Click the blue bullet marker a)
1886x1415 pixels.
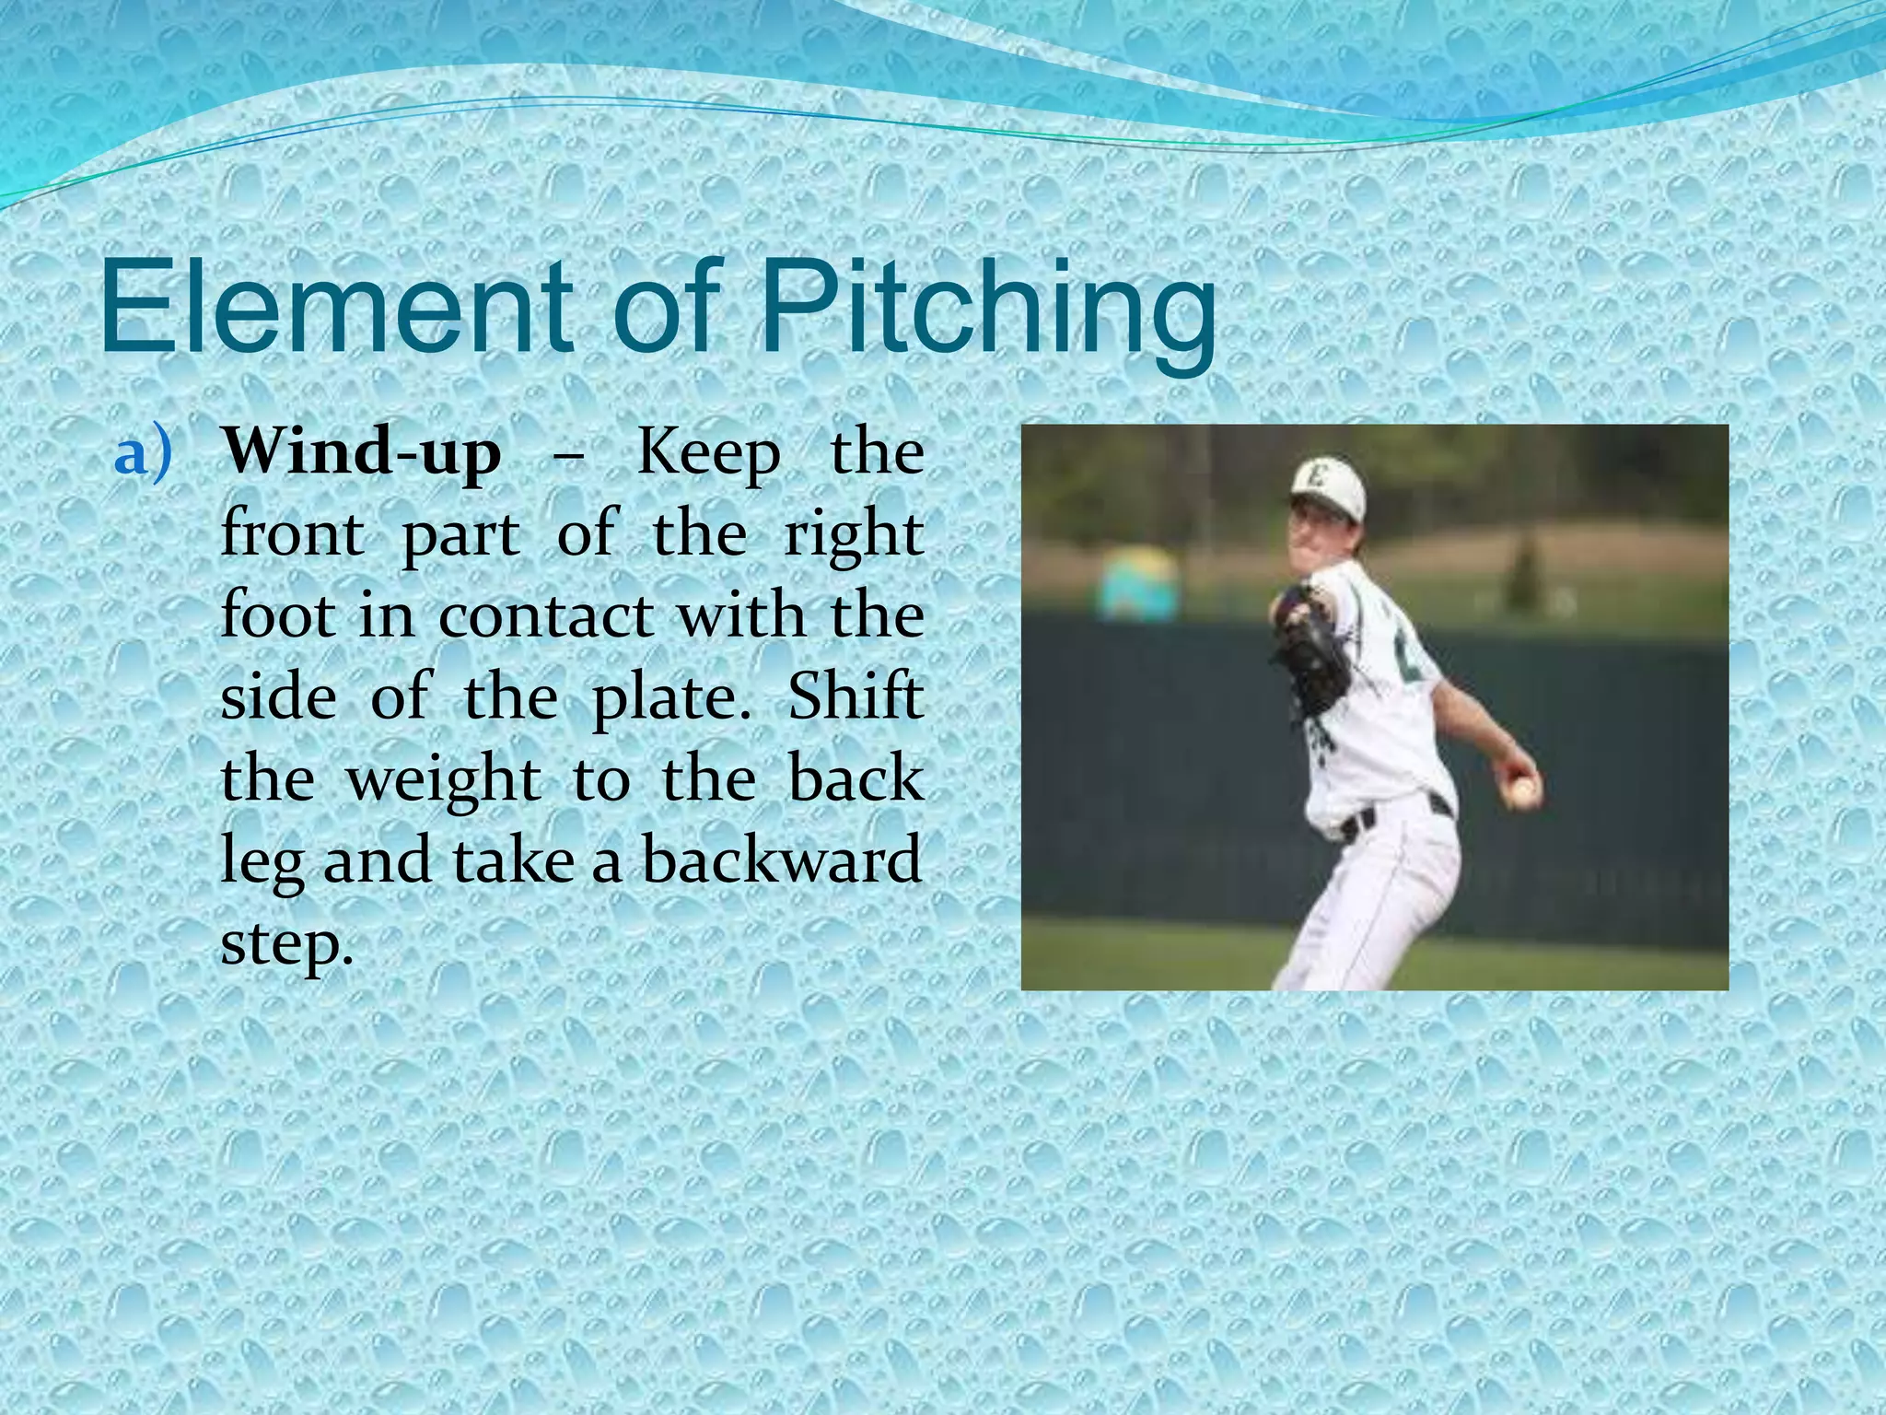(x=143, y=455)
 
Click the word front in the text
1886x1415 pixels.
(x=292, y=534)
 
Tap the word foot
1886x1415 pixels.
(x=277, y=615)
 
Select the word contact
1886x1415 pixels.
(x=544, y=615)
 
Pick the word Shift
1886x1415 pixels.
(x=856, y=696)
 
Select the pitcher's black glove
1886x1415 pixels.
(x=1312, y=645)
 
